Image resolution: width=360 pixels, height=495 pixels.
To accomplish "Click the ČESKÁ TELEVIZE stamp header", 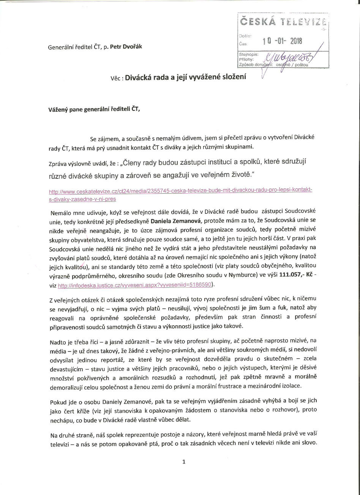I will [283, 23].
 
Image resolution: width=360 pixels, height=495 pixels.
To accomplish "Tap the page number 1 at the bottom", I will [183, 462].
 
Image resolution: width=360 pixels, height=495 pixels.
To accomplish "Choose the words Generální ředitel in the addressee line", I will [70, 47].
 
